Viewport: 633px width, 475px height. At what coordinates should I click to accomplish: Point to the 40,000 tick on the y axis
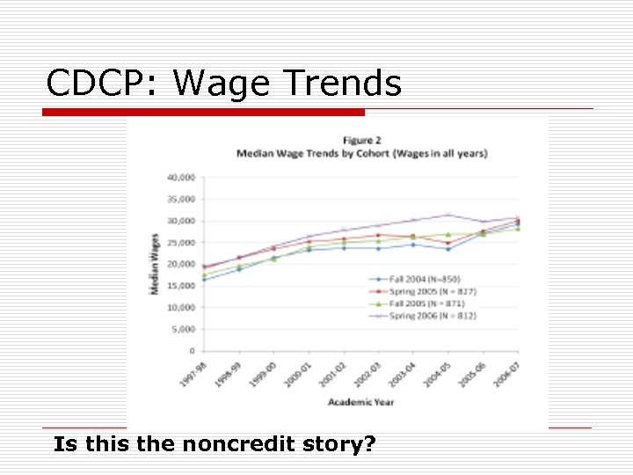(x=181, y=177)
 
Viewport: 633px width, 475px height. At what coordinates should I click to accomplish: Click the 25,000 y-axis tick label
(x=181, y=242)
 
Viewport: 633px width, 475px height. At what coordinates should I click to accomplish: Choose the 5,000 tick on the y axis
(x=184, y=329)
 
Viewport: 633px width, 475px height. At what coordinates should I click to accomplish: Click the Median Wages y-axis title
(x=156, y=264)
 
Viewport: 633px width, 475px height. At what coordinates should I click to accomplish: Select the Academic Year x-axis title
(x=360, y=402)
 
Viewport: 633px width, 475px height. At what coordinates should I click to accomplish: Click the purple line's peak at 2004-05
(x=448, y=215)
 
